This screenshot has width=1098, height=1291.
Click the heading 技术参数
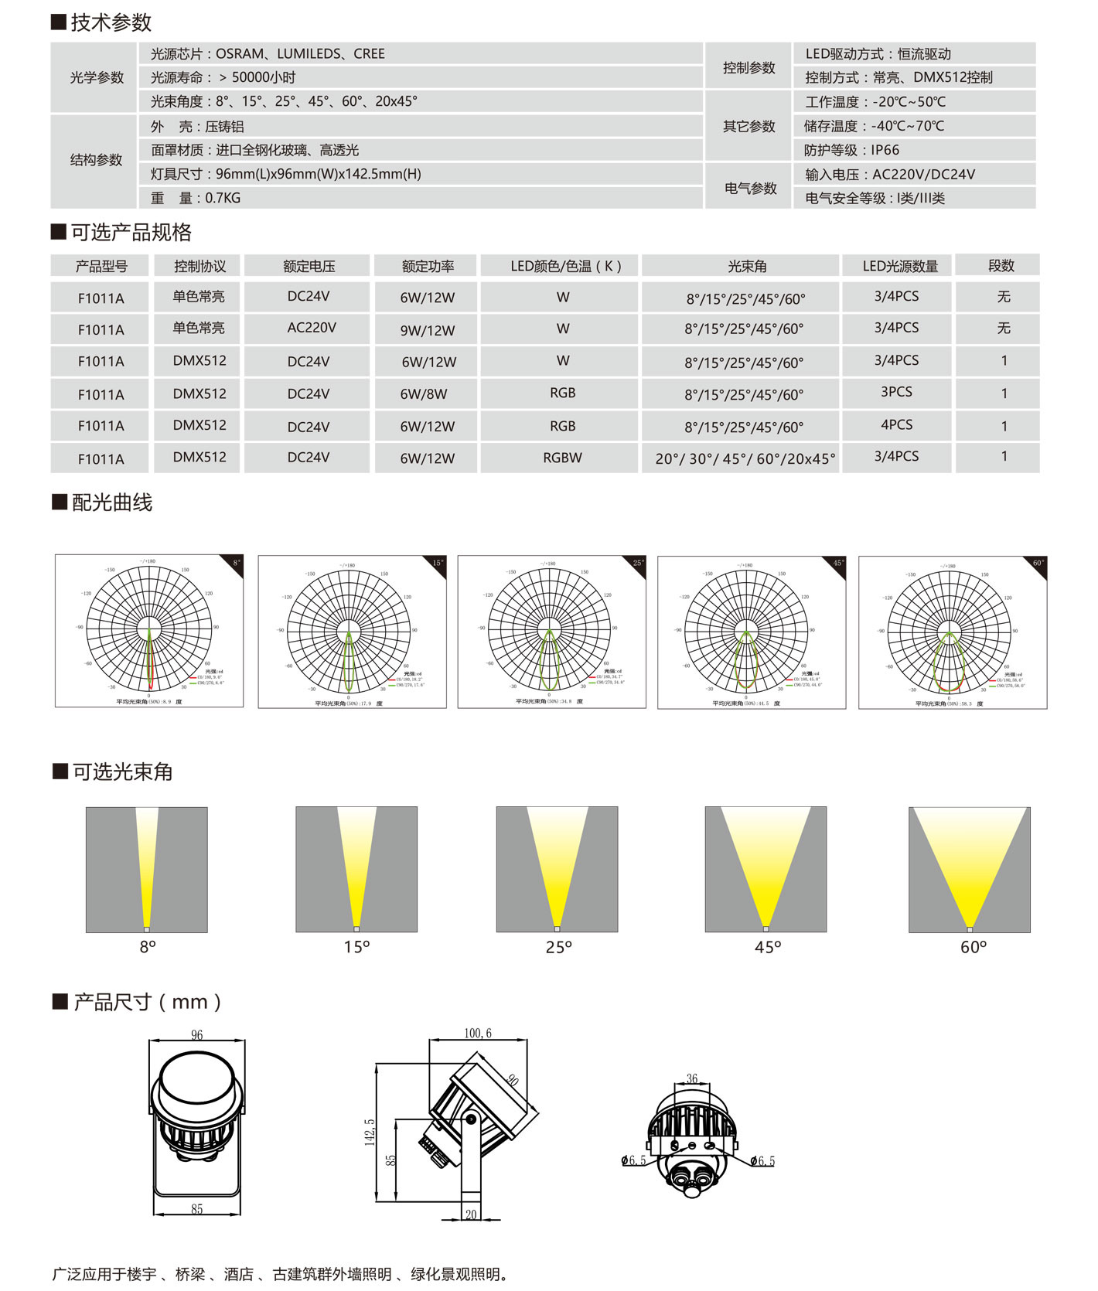coord(111,22)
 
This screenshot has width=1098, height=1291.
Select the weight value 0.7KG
coord(223,198)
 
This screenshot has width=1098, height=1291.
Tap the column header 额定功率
coord(428,266)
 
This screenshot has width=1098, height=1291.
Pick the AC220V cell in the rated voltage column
coord(312,328)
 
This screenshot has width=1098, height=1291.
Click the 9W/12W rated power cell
coord(428,330)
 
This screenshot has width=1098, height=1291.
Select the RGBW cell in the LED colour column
coord(562,458)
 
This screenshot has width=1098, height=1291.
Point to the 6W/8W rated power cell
coord(424,394)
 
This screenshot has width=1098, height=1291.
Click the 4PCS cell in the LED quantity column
coord(896,425)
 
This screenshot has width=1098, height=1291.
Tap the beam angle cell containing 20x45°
coord(745,458)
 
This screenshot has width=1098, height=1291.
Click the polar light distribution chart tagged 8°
coord(149,631)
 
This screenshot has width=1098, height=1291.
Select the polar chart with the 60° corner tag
coord(953,632)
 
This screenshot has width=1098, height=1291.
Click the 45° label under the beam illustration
coord(768,947)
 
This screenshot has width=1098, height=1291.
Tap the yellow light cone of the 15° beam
coord(356,858)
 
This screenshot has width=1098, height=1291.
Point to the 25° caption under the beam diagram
coord(558,947)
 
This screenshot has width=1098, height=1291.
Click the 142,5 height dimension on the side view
coord(370,1132)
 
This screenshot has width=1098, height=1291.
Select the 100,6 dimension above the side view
coord(478,1033)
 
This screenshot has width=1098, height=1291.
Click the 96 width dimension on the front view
coord(197,1034)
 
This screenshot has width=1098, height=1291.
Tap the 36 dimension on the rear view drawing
coord(692,1078)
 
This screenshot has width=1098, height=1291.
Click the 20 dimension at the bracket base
coord(471,1214)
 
